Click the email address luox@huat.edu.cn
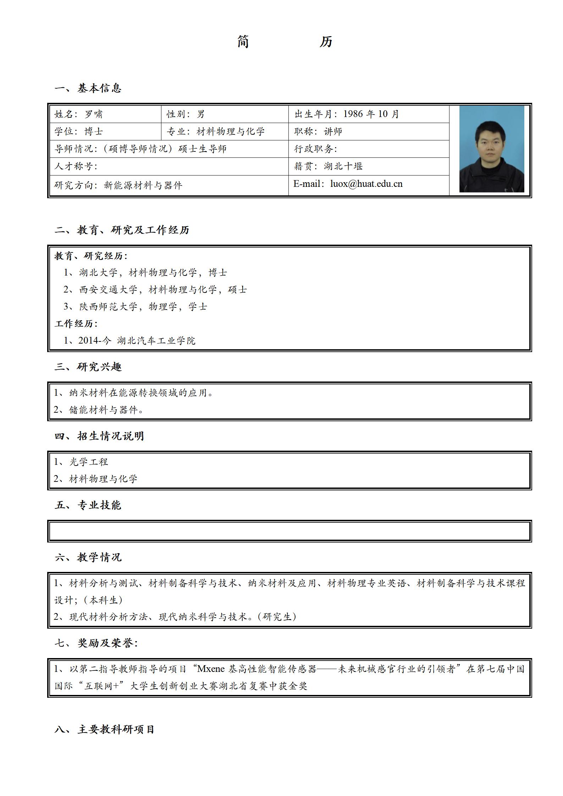[x=366, y=184]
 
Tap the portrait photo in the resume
[x=491, y=149]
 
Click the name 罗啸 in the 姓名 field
[x=94, y=114]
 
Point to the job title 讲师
[x=333, y=132]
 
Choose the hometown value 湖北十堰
[x=343, y=166]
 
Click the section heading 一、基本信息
[x=88, y=88]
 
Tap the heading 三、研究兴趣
[x=88, y=367]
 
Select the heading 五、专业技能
[x=88, y=505]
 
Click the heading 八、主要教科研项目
[x=104, y=730]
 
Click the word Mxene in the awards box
[x=211, y=669]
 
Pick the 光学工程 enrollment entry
[x=88, y=462]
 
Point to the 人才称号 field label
[x=75, y=166]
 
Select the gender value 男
[x=201, y=114]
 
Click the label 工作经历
[x=76, y=324]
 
